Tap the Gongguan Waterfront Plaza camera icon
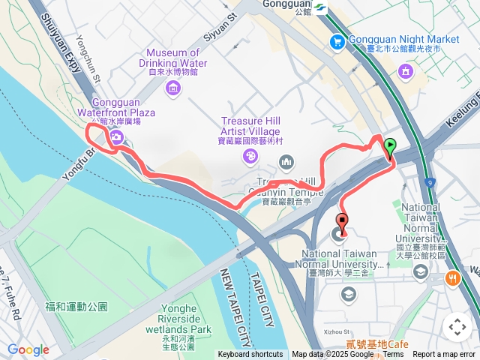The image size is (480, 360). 117,136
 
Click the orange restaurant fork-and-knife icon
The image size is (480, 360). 453,278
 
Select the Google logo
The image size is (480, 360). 28,349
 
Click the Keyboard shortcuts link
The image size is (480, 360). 250,355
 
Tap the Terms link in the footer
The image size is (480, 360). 393,355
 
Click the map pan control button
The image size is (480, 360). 457,327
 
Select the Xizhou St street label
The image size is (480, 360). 337,331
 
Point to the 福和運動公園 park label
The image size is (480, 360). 76,306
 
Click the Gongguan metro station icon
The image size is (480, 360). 320,7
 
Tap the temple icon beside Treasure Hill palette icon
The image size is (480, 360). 286,162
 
